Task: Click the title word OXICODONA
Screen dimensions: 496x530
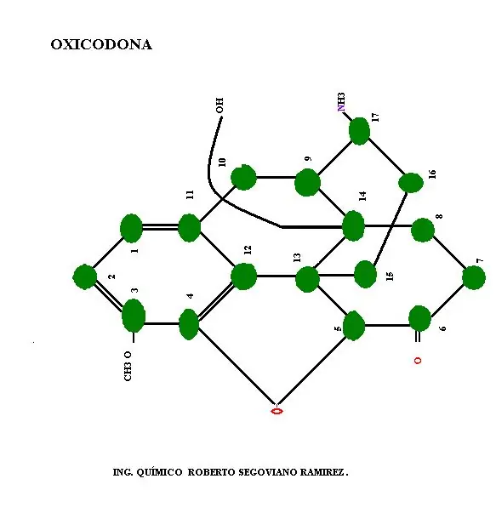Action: click(x=101, y=44)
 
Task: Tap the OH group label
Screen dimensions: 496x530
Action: click(x=219, y=105)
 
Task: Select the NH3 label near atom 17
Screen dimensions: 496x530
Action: click(x=341, y=102)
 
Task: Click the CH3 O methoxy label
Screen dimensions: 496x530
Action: click(x=128, y=366)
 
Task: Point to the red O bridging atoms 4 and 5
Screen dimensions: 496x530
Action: click(x=277, y=411)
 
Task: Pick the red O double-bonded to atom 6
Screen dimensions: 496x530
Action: click(x=418, y=361)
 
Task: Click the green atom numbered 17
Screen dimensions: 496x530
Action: click(x=359, y=131)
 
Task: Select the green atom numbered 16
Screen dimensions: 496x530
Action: click(x=411, y=183)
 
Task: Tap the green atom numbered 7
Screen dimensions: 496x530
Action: click(x=474, y=277)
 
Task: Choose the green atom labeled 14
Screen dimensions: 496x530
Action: click(x=353, y=225)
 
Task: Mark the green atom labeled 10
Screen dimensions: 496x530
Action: click(x=243, y=177)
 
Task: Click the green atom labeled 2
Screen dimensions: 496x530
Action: click(x=85, y=277)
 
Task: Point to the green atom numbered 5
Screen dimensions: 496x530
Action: click(x=354, y=326)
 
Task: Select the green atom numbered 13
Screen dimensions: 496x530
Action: click(x=307, y=279)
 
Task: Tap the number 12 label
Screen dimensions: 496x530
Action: click(x=248, y=250)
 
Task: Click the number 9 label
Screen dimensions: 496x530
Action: click(x=308, y=158)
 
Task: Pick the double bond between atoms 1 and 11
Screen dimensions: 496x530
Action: click(x=160, y=227)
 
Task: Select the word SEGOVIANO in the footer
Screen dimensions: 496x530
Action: click(x=268, y=472)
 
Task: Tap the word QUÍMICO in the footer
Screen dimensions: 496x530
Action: click(x=159, y=472)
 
